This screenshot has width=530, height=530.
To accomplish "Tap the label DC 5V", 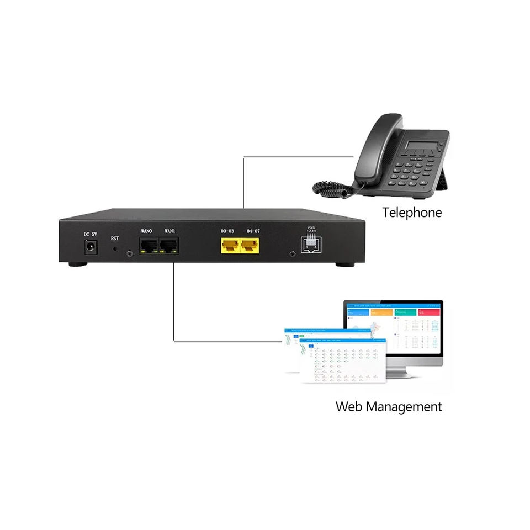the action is [x=90, y=234].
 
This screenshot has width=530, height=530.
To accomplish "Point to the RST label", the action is [x=115, y=239].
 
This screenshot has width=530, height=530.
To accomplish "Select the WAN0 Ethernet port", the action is [x=147, y=246].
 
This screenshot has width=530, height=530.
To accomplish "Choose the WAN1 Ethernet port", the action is [x=168, y=246].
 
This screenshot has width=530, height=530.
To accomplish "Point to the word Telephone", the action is [x=412, y=213].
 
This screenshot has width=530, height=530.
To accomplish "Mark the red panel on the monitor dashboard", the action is [x=429, y=312].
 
